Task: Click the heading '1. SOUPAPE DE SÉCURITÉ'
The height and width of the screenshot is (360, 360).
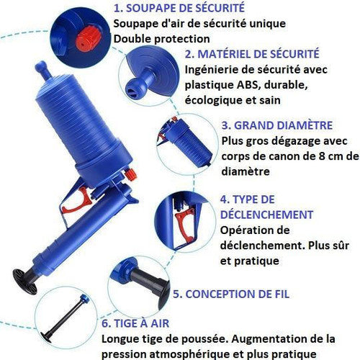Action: tap(179, 8)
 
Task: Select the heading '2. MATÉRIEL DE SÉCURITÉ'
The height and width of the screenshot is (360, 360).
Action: tap(252, 54)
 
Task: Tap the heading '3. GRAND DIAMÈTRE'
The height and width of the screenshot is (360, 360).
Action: tap(277, 125)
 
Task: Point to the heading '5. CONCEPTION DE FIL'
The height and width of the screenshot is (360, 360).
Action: tap(231, 294)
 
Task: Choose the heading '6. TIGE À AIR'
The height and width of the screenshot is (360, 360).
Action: tap(135, 323)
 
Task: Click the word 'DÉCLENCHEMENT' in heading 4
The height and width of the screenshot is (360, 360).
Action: tap(267, 215)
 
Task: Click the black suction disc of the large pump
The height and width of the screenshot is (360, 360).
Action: tap(25, 282)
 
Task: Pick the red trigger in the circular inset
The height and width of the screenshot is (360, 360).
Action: tap(184, 224)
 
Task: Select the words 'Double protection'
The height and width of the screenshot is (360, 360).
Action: tap(161, 39)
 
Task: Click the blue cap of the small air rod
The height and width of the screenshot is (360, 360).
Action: tap(84, 299)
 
